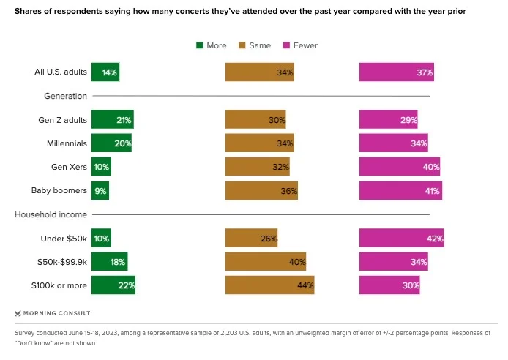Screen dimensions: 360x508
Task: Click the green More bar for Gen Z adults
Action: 112,119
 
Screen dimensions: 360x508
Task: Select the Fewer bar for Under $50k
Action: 401,239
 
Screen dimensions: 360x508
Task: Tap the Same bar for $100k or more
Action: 269,285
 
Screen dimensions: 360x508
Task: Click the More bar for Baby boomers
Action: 100,191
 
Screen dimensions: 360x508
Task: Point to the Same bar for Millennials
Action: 260,143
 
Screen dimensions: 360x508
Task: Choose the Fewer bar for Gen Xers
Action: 400,167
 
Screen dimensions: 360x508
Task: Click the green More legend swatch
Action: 199,45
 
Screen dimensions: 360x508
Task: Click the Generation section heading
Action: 66,96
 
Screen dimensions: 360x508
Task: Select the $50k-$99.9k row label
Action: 61,262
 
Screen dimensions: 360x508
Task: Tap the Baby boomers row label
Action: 59,191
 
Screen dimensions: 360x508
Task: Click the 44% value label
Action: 305,285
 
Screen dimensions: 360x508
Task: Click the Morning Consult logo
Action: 53,312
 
